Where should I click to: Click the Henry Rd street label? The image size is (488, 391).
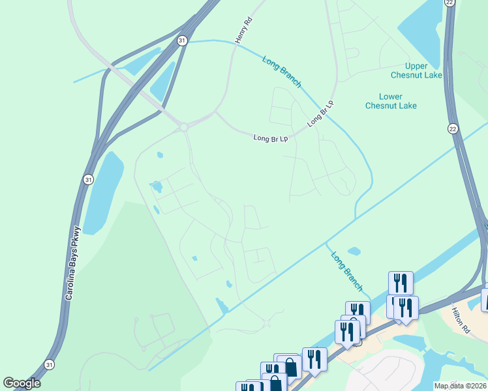[x=243, y=31]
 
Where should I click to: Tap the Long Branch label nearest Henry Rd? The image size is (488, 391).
[x=282, y=72]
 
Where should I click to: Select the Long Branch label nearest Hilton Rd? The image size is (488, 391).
[x=345, y=272]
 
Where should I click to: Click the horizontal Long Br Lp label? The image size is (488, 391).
[x=270, y=138]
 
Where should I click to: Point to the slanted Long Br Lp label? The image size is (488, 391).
[x=320, y=113]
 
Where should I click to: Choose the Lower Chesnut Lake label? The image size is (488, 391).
[x=391, y=101]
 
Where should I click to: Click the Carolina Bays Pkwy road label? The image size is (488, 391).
[x=72, y=263]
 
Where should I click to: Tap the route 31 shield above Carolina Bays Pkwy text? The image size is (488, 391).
[x=87, y=179]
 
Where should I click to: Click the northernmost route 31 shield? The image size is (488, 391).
[x=181, y=40]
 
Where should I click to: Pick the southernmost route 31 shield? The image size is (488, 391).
[x=50, y=364]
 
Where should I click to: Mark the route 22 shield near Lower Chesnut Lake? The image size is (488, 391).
[x=452, y=129]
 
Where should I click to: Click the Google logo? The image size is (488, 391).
[x=22, y=383]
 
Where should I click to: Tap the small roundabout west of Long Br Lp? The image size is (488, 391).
[x=184, y=126]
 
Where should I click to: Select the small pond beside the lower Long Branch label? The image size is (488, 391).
[x=354, y=251]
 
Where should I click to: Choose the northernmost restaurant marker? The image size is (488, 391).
[x=400, y=283]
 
